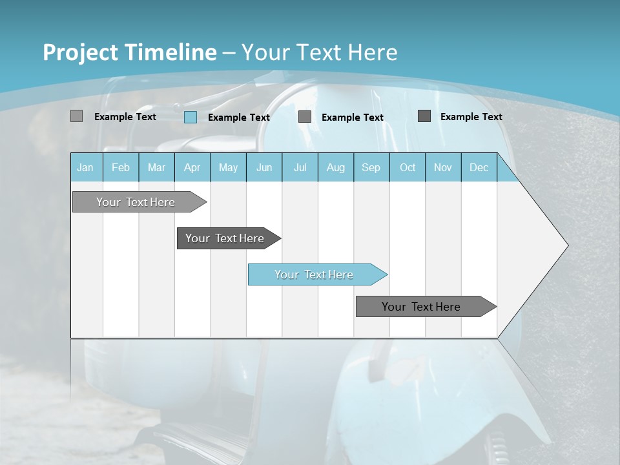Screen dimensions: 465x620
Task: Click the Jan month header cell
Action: click(86, 167)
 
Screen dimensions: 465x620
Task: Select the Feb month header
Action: click(121, 167)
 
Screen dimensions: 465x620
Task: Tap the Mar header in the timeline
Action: click(156, 167)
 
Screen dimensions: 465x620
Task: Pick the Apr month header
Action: click(192, 167)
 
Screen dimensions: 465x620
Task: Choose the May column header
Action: click(228, 167)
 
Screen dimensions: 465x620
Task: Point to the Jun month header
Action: click(264, 167)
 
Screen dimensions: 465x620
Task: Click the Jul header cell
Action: click(300, 167)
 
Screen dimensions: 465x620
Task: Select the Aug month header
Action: click(336, 167)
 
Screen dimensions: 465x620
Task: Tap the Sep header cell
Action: click(371, 167)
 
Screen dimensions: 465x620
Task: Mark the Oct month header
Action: click(408, 167)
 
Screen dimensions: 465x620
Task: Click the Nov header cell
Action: click(443, 167)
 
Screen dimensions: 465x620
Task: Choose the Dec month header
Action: click(479, 167)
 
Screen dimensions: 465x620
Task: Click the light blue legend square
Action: click(191, 117)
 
